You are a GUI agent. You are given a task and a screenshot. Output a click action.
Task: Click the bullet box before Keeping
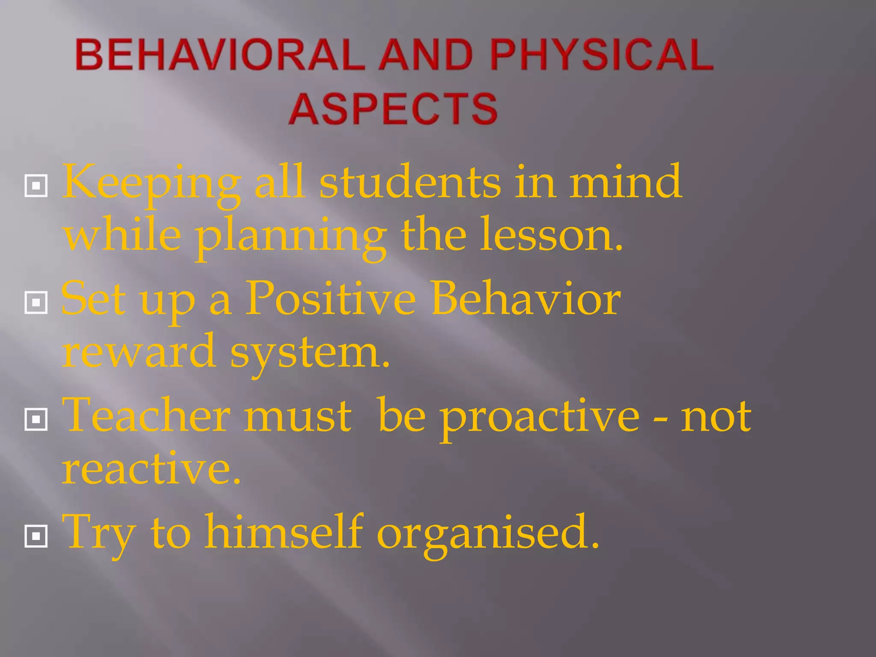click(x=36, y=186)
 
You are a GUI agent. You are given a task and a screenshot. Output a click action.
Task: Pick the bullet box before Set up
click(x=36, y=302)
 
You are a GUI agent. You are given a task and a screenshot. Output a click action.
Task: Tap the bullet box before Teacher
click(x=36, y=419)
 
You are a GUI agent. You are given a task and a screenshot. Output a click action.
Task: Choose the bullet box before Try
click(x=36, y=536)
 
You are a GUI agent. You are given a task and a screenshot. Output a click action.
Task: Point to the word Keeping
click(x=152, y=184)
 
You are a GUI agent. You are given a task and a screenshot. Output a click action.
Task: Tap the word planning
click(x=291, y=237)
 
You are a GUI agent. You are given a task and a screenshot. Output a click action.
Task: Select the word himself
click(x=284, y=532)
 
